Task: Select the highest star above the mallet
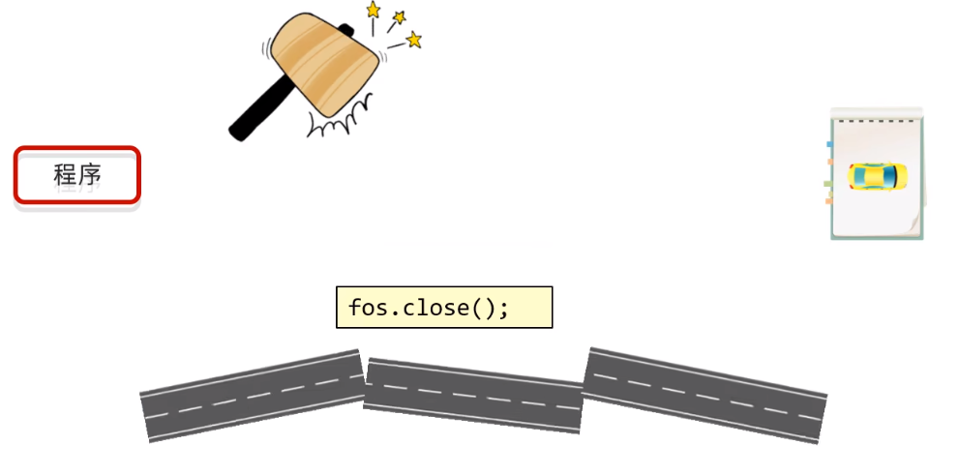click(373, 10)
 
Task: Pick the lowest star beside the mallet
click(414, 41)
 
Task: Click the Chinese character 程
click(65, 175)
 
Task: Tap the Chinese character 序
click(90, 175)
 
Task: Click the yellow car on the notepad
click(878, 177)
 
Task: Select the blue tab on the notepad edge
click(829, 144)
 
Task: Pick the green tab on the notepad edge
click(828, 182)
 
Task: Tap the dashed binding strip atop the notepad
click(878, 120)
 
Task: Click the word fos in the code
click(367, 308)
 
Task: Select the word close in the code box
click(433, 308)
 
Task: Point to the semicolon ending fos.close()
click(503, 309)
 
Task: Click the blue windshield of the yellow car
click(887, 177)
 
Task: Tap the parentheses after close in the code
click(483, 308)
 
